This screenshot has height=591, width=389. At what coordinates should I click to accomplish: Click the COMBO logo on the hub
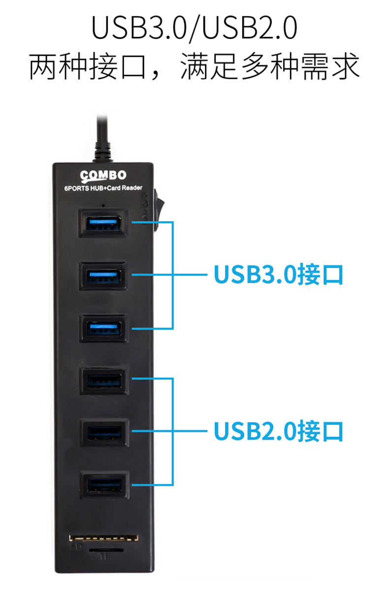click(103, 175)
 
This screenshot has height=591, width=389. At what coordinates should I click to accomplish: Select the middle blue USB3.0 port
click(104, 275)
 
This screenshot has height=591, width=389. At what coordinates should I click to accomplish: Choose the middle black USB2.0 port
click(104, 432)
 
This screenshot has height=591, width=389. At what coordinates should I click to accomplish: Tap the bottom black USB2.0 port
click(104, 485)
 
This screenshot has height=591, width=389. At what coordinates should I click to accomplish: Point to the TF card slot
click(104, 549)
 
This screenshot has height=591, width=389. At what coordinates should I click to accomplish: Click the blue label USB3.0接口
click(278, 275)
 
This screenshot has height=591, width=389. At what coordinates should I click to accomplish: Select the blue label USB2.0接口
click(278, 432)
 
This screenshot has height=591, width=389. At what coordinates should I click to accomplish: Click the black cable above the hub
click(102, 136)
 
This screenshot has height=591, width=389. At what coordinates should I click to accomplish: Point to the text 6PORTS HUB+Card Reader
click(103, 188)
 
